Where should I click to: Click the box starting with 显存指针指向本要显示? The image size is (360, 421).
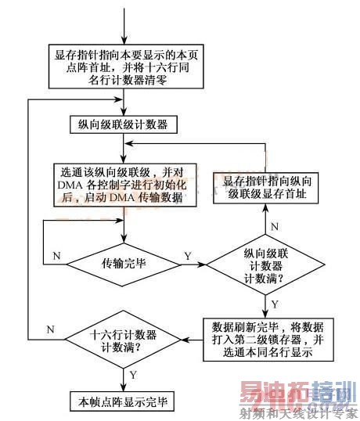tap(124, 68)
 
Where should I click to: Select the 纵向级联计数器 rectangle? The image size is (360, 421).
tap(124, 124)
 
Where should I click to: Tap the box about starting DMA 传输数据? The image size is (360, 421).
tap(124, 185)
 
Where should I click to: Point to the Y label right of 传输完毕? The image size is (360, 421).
tap(187, 255)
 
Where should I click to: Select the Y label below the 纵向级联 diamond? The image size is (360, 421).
tap(274, 303)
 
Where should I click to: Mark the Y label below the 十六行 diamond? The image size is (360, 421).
tap(134, 375)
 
